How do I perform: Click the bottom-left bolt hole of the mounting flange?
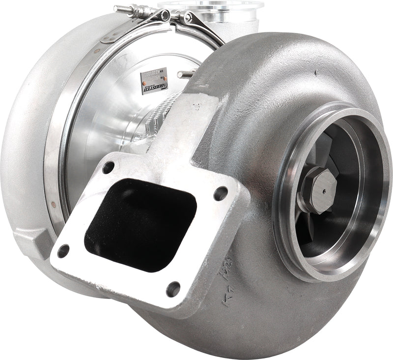[x=63, y=251]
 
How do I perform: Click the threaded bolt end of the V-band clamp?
[x=125, y=8]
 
